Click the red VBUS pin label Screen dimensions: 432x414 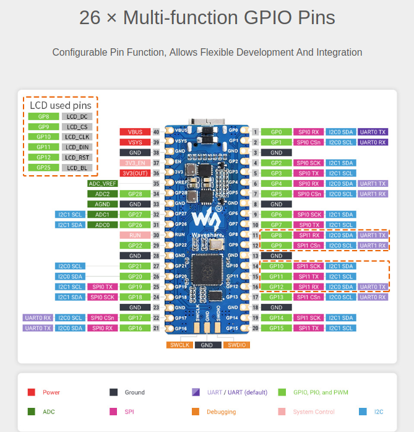pyautogui.click(x=134, y=132)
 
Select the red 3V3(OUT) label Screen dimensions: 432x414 pyautogui.click(x=134, y=173)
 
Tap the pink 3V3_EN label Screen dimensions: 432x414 pyautogui.click(x=134, y=163)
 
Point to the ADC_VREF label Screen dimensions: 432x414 pyautogui.click(x=103, y=184)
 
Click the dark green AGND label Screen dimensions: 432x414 pyautogui.click(x=103, y=204)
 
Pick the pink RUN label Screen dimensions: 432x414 pyautogui.click(x=134, y=235)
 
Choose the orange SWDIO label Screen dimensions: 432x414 pyautogui.click(x=237, y=345)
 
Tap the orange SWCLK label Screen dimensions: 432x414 pyautogui.click(x=179, y=345)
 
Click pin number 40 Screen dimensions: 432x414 pyautogui.click(x=156, y=132)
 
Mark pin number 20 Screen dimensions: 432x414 pyautogui.click(x=255, y=328)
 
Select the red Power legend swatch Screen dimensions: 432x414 pyautogui.click(x=32, y=392)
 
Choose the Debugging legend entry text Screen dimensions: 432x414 pyautogui.click(x=221, y=412)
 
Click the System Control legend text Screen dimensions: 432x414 pyautogui.click(x=314, y=412)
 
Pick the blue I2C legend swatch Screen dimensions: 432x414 pyautogui.click(x=362, y=411)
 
